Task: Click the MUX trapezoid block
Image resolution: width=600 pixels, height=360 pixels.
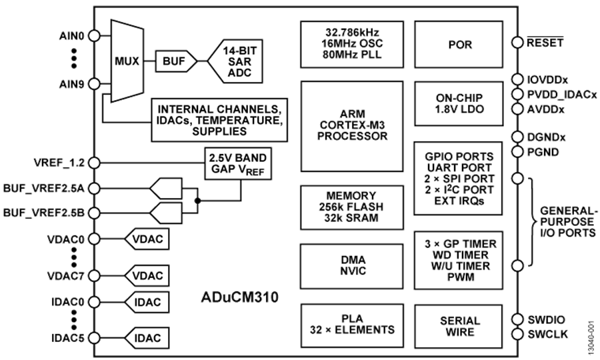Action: coord(127,61)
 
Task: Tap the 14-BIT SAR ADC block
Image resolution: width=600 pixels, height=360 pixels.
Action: coord(236,61)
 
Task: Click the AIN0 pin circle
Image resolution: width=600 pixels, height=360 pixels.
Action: coord(94,35)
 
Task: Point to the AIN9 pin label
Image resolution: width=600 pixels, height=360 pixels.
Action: coord(72,84)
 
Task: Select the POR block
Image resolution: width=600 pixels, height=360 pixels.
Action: coord(458,44)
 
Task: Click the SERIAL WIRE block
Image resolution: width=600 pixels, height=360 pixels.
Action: coord(458,325)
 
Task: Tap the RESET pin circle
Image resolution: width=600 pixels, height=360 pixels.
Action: coord(518,43)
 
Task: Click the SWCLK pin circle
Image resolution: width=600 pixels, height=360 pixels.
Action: coord(518,333)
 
